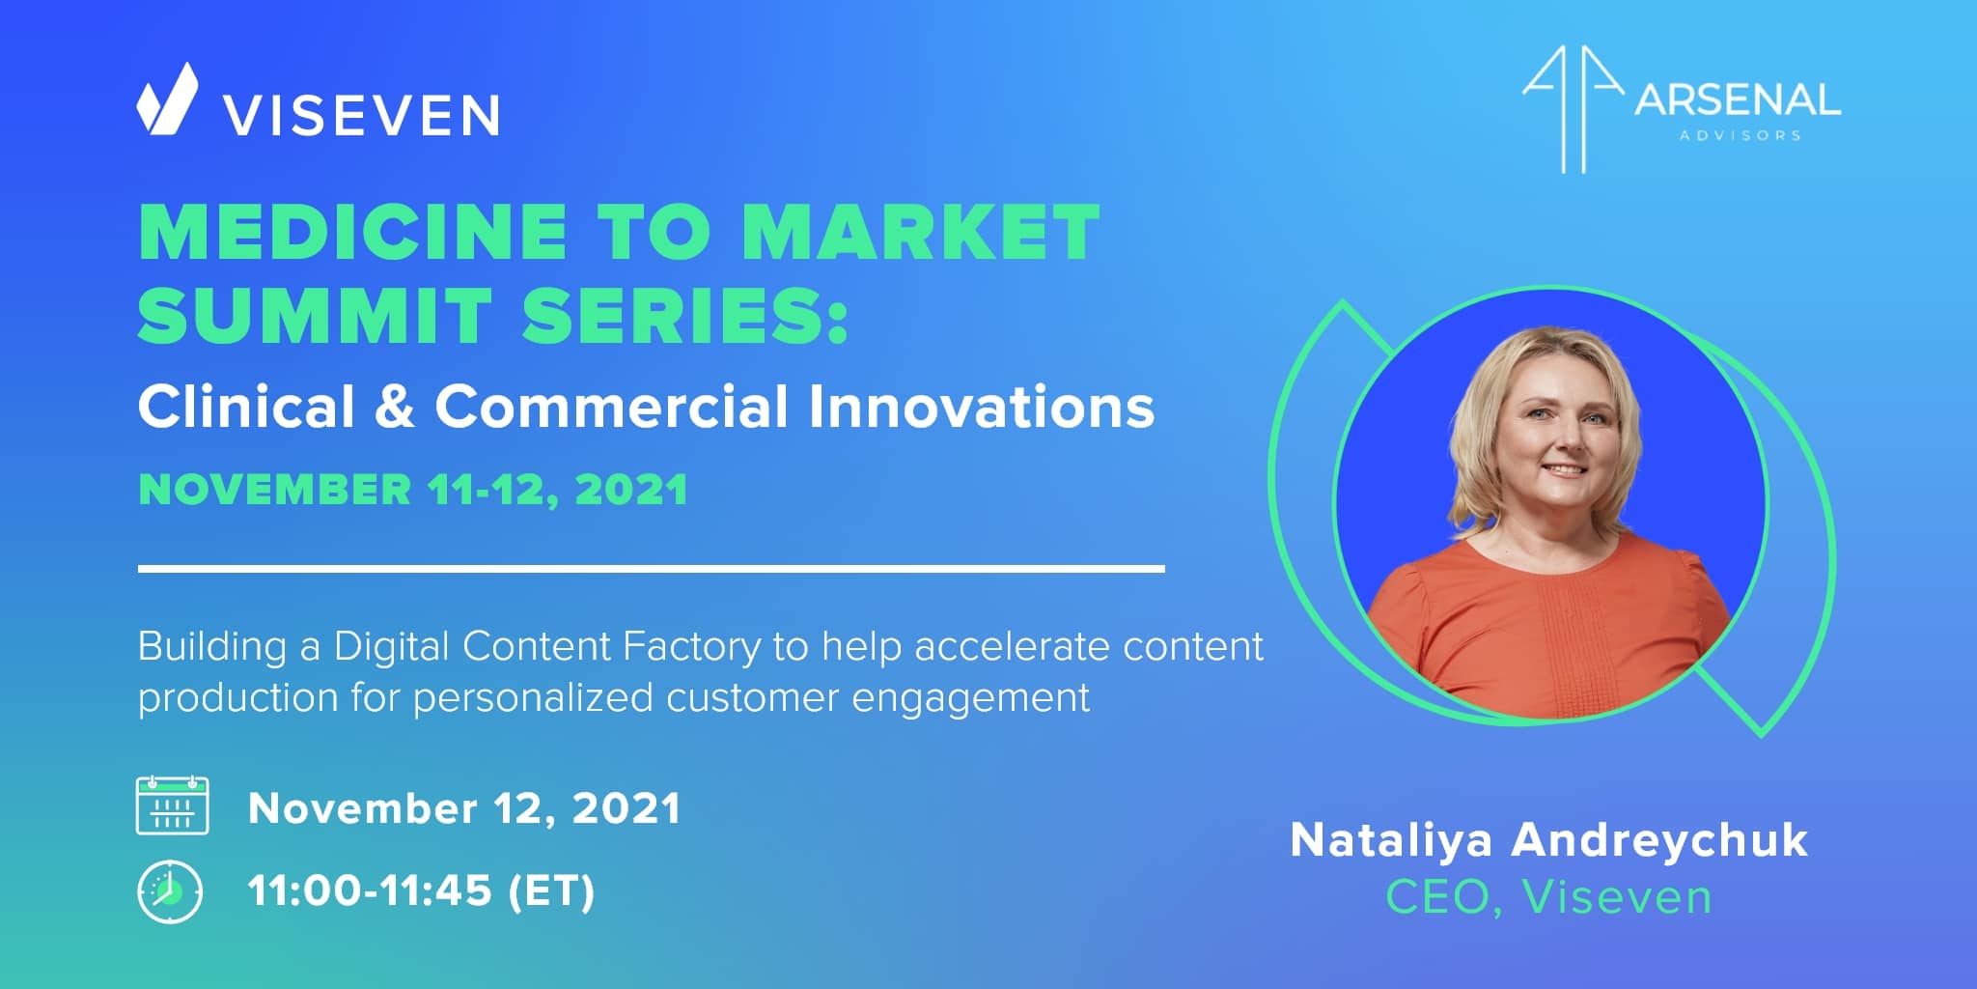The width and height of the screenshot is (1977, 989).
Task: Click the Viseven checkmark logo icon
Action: click(x=167, y=99)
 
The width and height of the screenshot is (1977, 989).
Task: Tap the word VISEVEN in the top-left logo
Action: click(x=362, y=116)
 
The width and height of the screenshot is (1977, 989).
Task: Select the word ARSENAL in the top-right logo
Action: click(x=1738, y=100)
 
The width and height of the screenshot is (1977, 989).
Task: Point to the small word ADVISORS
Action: click(x=1740, y=136)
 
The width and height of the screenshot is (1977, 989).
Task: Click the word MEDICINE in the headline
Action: click(x=353, y=232)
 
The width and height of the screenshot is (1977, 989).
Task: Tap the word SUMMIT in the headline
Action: click(x=315, y=315)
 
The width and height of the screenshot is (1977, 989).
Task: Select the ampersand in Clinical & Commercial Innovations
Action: click(x=395, y=407)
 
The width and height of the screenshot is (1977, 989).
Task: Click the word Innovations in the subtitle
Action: click(x=982, y=407)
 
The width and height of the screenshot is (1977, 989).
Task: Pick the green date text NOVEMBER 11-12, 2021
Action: click(x=413, y=489)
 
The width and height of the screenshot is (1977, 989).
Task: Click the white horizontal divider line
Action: click(x=652, y=569)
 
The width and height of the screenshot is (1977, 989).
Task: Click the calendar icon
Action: click(x=173, y=805)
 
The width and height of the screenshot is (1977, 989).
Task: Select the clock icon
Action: click(x=170, y=890)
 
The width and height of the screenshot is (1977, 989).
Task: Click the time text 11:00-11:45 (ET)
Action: click(x=421, y=890)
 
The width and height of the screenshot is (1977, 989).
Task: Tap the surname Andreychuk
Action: click(x=1659, y=840)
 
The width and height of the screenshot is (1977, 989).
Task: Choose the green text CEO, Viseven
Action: click(x=1548, y=897)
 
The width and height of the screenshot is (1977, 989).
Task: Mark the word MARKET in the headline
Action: click(x=921, y=232)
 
